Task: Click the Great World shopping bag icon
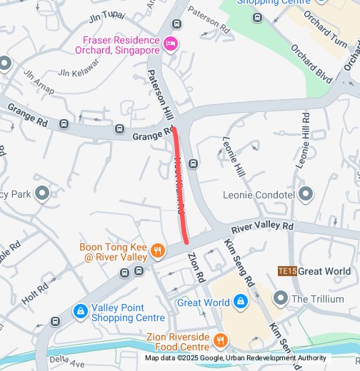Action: point(241,303)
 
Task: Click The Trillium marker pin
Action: point(280,298)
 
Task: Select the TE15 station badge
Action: point(286,271)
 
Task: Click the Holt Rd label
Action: point(35,292)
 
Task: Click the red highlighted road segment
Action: point(181,185)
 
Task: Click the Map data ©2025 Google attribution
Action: point(236,358)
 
